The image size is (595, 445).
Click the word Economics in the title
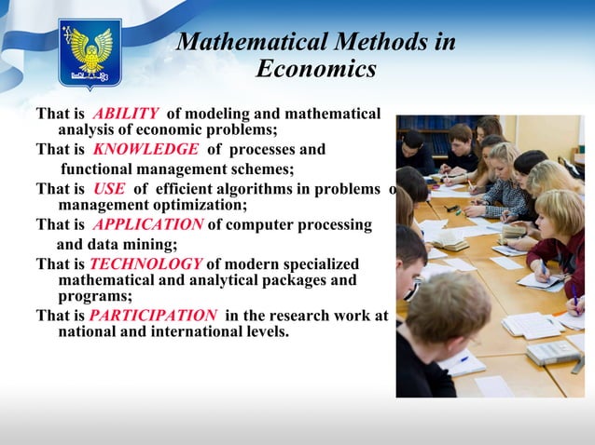click(315, 70)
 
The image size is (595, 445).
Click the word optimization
click(199, 205)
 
